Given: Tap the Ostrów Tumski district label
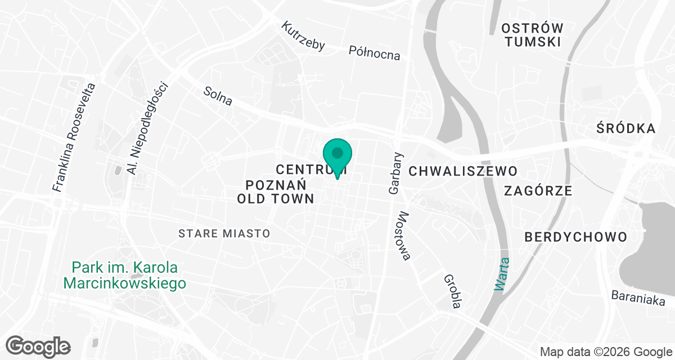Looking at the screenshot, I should point(532,35).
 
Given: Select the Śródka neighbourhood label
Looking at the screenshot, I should point(626,129).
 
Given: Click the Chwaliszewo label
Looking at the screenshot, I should point(462,171).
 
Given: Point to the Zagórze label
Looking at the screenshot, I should point(538,191).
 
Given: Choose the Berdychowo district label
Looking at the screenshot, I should point(575,237).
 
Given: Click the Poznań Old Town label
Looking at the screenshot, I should point(274,191).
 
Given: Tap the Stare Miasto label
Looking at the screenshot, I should point(224,233).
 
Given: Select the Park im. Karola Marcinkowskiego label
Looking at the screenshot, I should point(125,275).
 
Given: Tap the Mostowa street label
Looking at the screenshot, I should point(405,236).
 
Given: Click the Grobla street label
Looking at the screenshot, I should point(452,291).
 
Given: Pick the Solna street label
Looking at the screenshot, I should point(218,96).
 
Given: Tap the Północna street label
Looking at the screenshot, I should point(375,53).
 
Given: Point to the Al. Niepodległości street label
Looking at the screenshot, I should point(148,127).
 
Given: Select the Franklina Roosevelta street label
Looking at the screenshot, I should point(75,138).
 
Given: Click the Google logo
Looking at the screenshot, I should point(38,345).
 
